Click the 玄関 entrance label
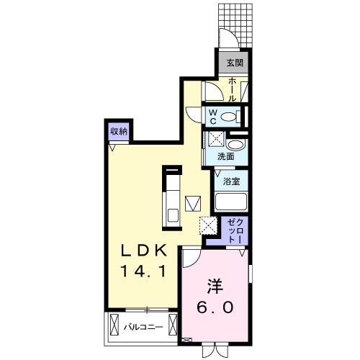coord(235,63)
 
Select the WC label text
coord(214,116)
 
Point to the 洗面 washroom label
coord(226,156)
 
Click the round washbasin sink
coord(234,143)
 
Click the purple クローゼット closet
coord(235,230)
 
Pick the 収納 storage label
coord(119,131)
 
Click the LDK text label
coord(143,251)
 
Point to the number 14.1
coord(143,272)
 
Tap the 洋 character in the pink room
coord(215,285)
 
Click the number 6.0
coord(215,307)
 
